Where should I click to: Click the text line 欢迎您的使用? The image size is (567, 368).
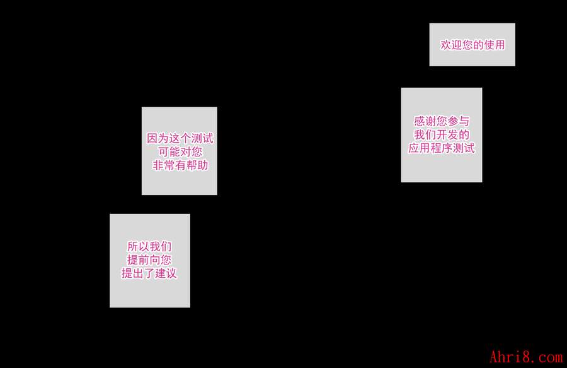[472, 45]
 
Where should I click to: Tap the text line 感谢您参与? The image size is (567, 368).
[442, 121]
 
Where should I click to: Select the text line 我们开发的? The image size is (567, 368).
[442, 134]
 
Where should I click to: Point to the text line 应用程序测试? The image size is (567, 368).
[442, 148]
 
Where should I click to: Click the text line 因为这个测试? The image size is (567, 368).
[180, 138]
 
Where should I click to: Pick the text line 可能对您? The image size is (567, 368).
[180, 151]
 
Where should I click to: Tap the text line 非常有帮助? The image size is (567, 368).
[180, 165]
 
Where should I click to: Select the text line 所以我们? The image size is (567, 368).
[149, 246]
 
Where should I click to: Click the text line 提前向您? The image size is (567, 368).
[149, 259]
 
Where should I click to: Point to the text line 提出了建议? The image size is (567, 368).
[149, 273]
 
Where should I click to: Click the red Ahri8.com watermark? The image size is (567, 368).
[526, 357]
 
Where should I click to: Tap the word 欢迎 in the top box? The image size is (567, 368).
[451, 45]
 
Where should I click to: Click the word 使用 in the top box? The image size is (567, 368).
[495, 45]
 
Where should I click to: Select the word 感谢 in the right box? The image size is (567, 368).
[425, 121]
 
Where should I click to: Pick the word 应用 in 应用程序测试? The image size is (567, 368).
[420, 148]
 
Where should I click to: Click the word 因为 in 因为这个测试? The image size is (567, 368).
[157, 138]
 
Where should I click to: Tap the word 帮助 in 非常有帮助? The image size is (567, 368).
[197, 165]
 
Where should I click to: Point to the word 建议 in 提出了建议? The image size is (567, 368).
[166, 273]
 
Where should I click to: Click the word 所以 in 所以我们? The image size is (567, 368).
[138, 246]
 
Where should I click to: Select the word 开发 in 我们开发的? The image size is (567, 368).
[442, 134]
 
